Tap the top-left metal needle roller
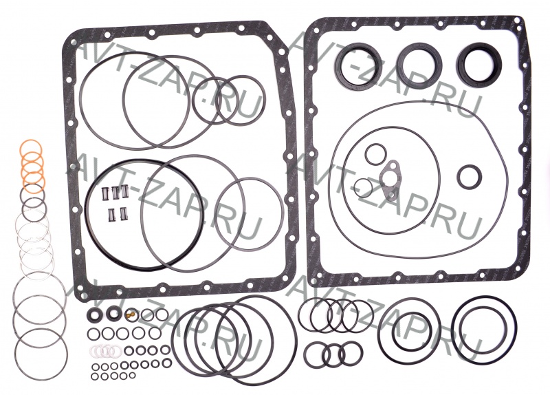pos(104,192)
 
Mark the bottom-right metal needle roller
pos(123,215)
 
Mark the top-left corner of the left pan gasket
pos(65,38)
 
